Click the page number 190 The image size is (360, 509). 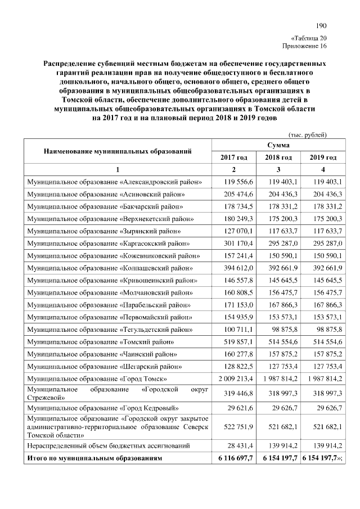coord(321,25)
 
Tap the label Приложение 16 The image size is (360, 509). coord(304,46)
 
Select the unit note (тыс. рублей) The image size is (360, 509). coord(307,134)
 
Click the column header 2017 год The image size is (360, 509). coord(233,157)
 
